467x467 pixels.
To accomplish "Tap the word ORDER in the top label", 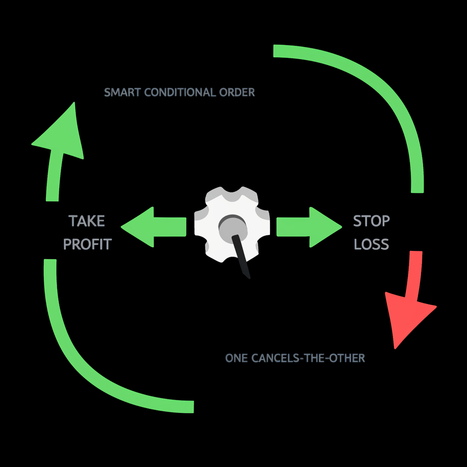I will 236,92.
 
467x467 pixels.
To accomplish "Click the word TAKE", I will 87,221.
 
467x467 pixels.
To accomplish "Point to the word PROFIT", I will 87,244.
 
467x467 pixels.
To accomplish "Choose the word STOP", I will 371,221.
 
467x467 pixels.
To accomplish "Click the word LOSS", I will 371,244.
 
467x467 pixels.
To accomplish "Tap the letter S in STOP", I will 357,221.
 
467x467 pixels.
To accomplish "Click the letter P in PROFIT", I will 67,244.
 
